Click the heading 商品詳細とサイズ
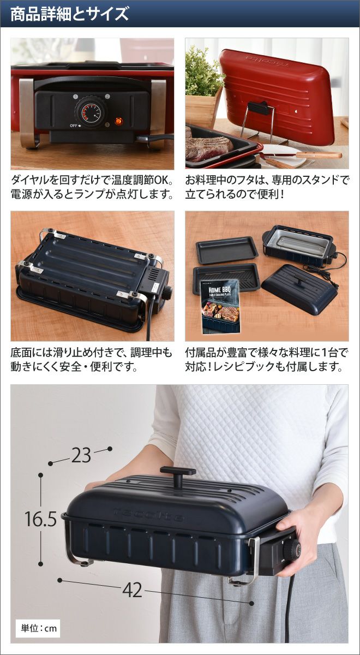point(70,14)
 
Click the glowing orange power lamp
point(118,121)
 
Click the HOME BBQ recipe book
point(220,306)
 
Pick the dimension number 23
point(81,456)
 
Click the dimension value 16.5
point(40,519)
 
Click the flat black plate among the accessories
point(227,250)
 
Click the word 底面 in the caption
point(21,353)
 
